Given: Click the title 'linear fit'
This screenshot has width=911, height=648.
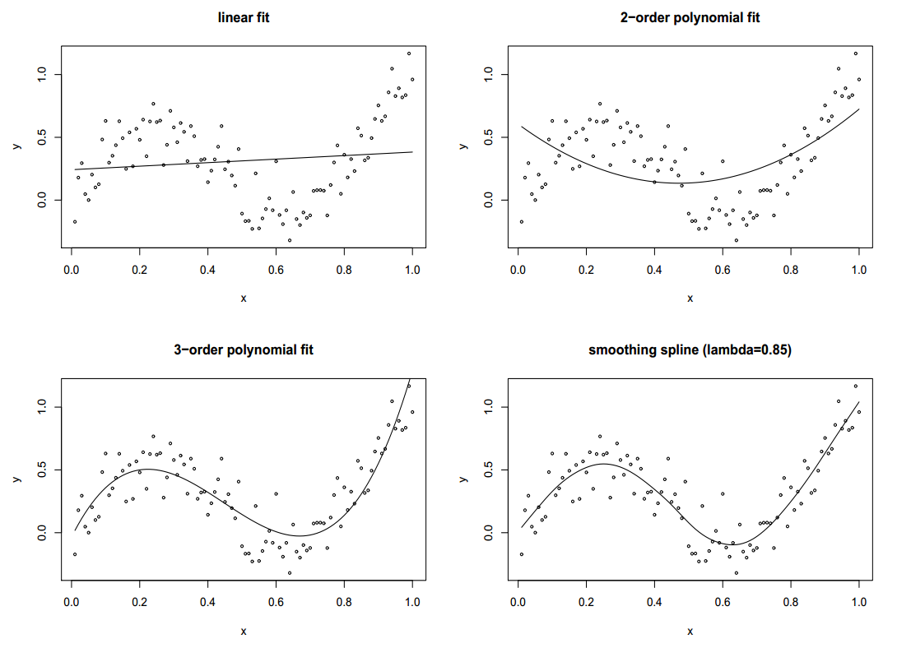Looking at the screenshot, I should (243, 17).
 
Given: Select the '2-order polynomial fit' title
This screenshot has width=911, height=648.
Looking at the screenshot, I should (690, 17).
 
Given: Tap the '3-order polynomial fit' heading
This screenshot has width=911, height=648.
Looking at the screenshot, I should (243, 349).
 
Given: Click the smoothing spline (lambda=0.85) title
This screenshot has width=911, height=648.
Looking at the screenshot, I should (690, 349).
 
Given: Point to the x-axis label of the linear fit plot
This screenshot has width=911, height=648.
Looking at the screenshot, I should (243, 298).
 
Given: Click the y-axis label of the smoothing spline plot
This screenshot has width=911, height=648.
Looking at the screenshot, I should (464, 479).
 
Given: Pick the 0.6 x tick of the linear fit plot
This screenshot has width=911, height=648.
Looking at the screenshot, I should (276, 268).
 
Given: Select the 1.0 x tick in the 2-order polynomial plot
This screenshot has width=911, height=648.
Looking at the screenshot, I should (859, 268).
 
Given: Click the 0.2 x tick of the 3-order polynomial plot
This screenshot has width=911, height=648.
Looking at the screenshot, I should (139, 601).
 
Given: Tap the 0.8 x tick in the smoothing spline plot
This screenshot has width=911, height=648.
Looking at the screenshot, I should (791, 601).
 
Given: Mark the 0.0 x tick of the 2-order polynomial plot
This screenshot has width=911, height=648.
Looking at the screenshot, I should (518, 268).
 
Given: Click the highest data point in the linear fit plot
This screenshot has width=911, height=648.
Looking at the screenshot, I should (409, 53).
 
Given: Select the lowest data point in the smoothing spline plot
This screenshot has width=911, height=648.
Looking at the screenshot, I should (737, 572).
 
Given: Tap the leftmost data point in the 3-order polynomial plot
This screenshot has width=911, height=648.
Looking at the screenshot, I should (74, 554).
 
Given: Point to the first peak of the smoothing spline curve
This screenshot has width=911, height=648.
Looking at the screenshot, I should (603, 464).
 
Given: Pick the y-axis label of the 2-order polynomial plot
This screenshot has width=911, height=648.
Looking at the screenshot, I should (464, 146).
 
